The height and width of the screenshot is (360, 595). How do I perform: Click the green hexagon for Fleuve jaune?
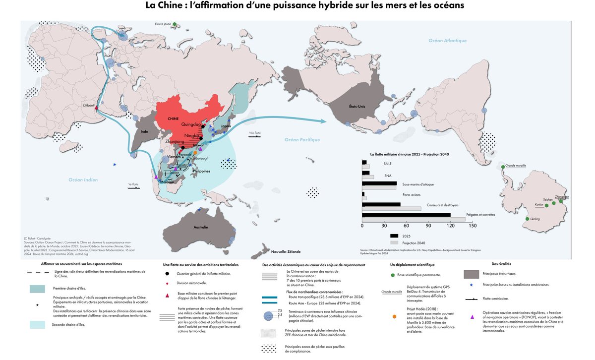(x=175, y=23)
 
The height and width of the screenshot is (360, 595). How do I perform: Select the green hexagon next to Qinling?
(x=527, y=219)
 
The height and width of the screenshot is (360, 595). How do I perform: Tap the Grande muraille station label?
(x=517, y=167)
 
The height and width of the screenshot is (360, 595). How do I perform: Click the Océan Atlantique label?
(x=448, y=40)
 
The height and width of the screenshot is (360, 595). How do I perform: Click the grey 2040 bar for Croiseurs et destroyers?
(x=392, y=208)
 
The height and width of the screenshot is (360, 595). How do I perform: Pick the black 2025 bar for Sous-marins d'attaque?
(x=379, y=183)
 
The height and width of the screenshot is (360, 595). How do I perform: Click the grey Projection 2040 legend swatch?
(x=395, y=243)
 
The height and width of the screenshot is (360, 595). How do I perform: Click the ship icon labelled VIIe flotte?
(x=255, y=137)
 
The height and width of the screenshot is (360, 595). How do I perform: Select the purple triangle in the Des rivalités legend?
(x=473, y=317)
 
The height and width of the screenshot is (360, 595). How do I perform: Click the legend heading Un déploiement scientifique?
(x=414, y=265)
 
